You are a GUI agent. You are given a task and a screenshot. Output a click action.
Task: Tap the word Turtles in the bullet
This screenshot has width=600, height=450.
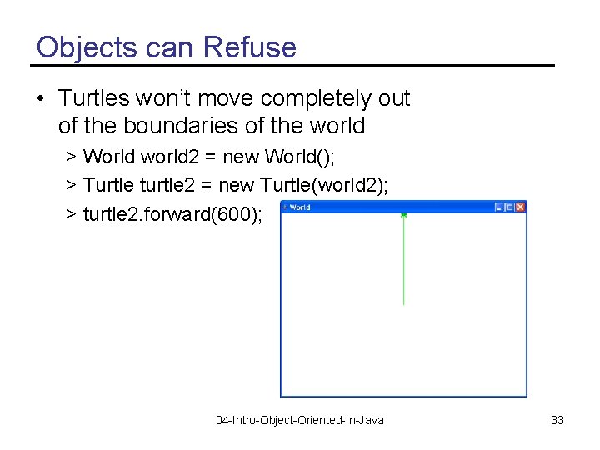[94, 98]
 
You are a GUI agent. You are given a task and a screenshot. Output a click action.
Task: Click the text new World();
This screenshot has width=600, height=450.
[279, 156]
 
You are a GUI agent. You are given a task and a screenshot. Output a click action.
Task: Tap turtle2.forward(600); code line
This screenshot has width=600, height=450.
[172, 214]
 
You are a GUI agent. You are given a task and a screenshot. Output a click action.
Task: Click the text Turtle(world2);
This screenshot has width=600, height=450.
[324, 184]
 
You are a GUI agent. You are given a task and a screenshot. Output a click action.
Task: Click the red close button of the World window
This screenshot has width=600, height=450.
[520, 207]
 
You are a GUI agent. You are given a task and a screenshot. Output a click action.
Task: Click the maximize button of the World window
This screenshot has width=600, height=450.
[508, 207]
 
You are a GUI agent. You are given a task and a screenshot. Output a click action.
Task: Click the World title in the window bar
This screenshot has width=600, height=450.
[300, 207]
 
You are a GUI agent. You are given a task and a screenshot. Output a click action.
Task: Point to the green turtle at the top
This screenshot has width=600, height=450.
[403, 215]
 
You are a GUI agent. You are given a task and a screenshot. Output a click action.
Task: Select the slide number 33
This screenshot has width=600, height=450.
[557, 420]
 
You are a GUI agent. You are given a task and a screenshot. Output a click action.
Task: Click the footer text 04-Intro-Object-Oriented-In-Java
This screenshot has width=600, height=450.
[300, 420]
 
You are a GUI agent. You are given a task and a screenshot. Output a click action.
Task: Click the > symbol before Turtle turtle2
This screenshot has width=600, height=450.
[72, 185]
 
